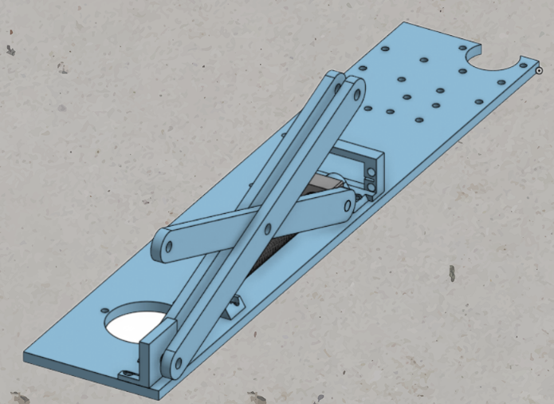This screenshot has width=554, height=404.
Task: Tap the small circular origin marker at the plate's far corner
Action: [539, 71]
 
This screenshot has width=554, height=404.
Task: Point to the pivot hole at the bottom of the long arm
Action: [175, 363]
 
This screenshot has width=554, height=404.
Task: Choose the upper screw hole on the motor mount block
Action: [371, 171]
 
